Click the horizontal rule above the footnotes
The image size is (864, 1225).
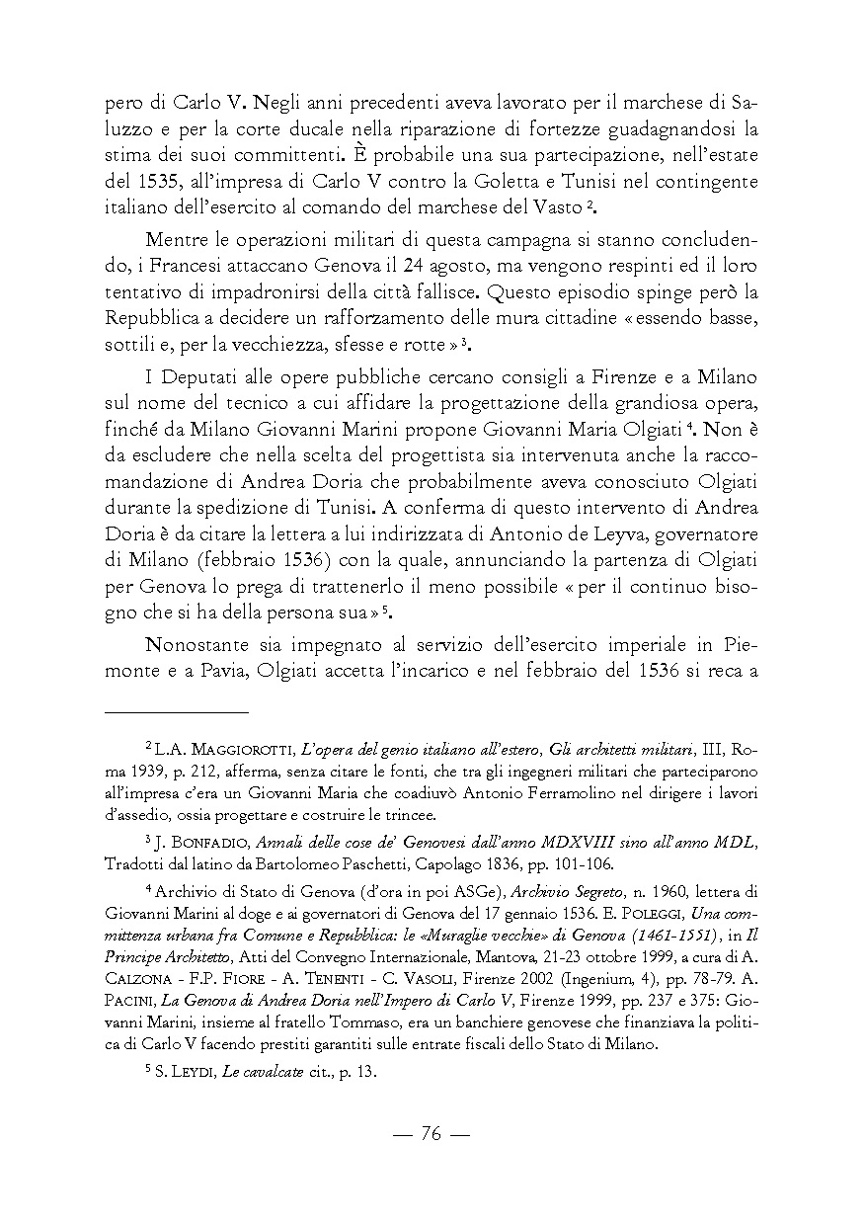coord(177,710)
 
